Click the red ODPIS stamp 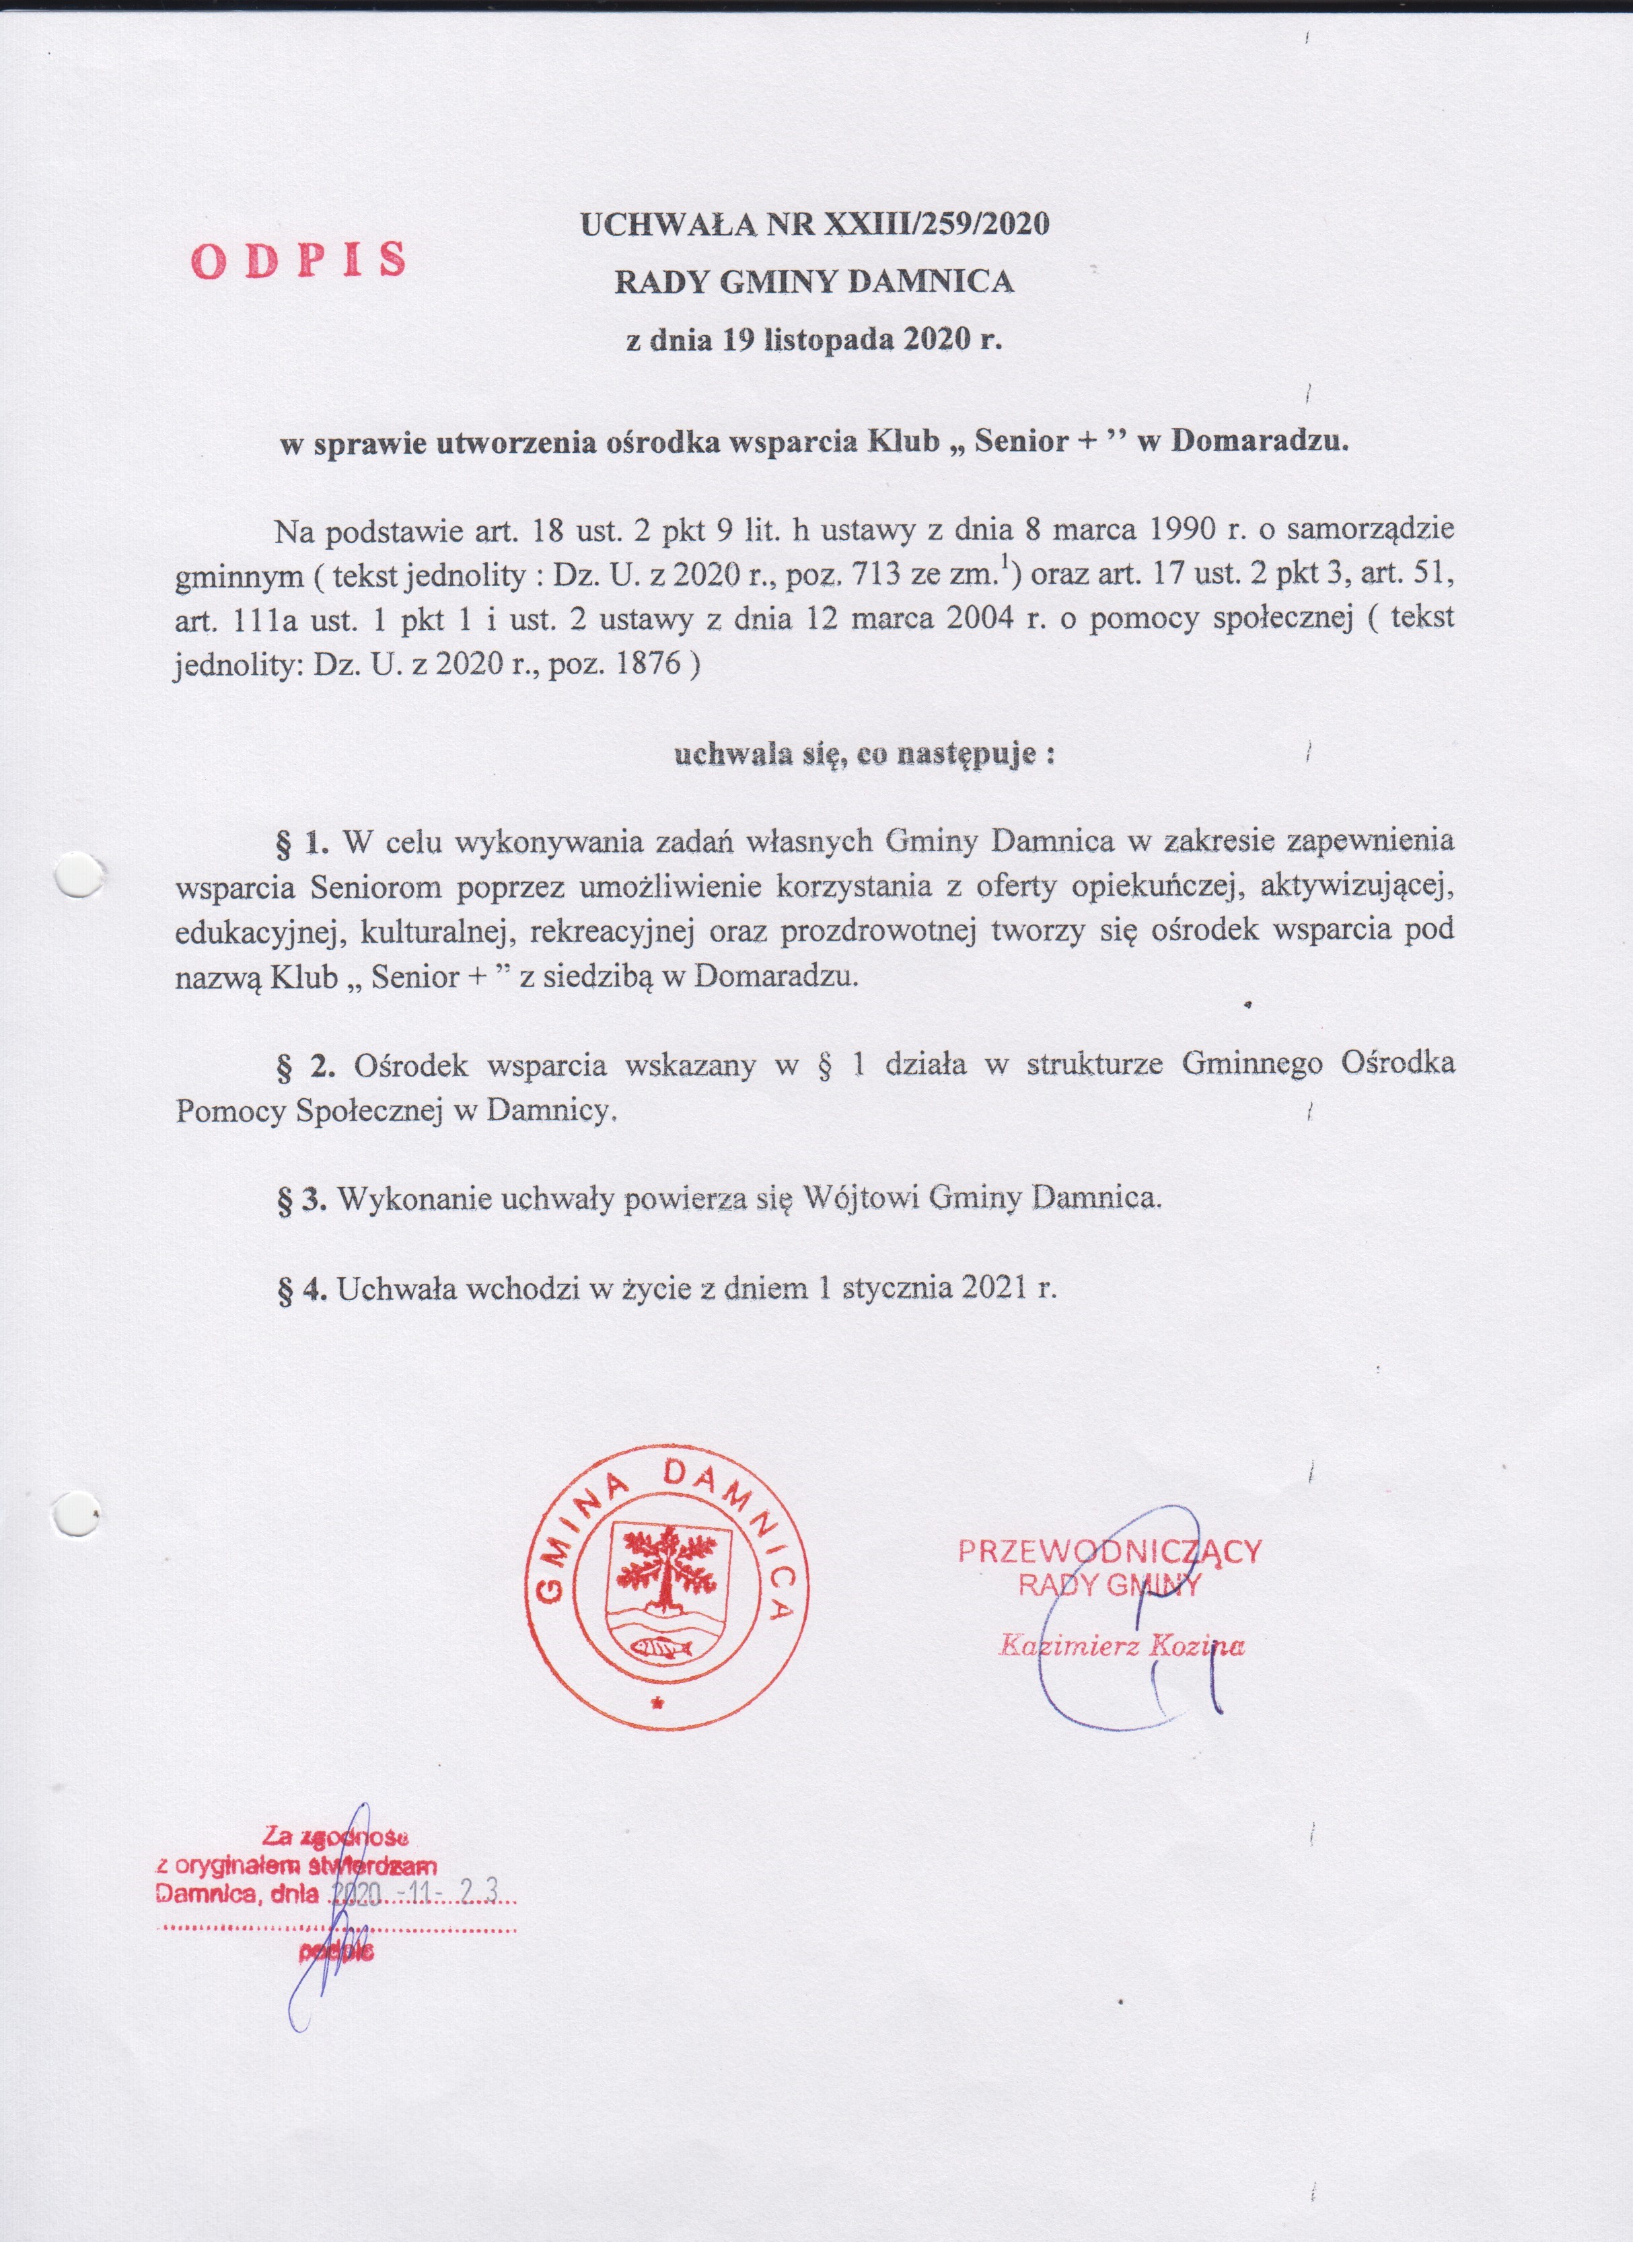(299, 259)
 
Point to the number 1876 (647, 662)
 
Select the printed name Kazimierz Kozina (1121, 1646)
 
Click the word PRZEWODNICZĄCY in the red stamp (1109, 1550)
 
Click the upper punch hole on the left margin (78, 874)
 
